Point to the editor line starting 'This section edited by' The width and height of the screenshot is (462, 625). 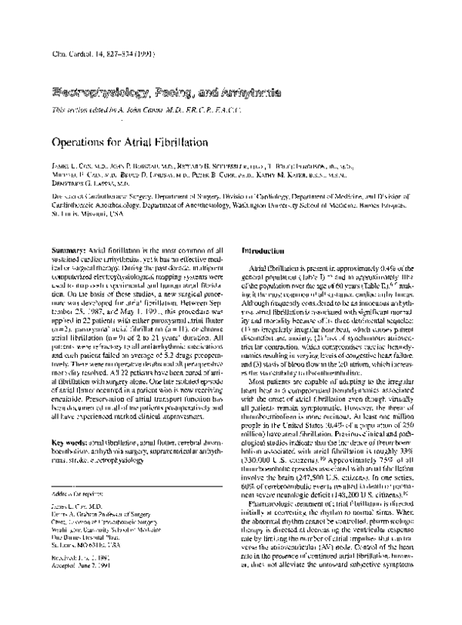click(128, 111)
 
